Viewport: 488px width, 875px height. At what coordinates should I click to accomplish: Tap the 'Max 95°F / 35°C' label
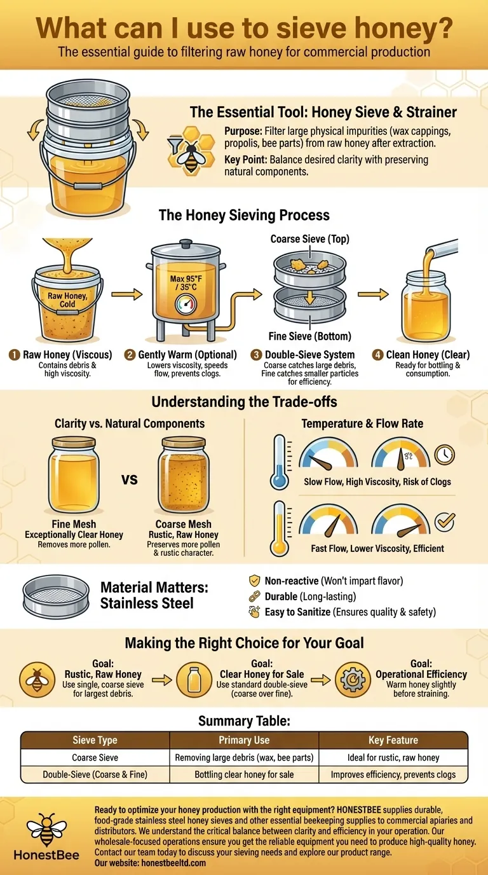pyautogui.click(x=186, y=283)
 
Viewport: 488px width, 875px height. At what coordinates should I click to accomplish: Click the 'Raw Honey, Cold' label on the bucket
pyautogui.click(x=67, y=300)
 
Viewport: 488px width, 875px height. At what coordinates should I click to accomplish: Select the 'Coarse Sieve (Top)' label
pyautogui.click(x=310, y=238)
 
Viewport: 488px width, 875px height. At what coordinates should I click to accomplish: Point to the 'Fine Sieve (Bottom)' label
pyautogui.click(x=310, y=336)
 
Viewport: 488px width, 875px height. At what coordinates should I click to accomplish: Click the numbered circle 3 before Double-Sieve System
pyautogui.click(x=256, y=355)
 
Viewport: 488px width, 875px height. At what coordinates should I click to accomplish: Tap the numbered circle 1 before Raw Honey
pyautogui.click(x=15, y=355)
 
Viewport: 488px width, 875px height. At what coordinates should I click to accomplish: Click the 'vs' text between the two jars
pyautogui.click(x=129, y=479)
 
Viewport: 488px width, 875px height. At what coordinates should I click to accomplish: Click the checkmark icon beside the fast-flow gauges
pyautogui.click(x=445, y=522)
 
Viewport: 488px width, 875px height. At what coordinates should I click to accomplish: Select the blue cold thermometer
pyautogui.click(x=280, y=462)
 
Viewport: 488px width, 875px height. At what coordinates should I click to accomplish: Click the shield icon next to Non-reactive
pyautogui.click(x=255, y=581)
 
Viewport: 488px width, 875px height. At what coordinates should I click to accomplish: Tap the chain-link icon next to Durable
pyautogui.click(x=255, y=596)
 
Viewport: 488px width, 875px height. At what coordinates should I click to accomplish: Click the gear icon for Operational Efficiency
pyautogui.click(x=353, y=680)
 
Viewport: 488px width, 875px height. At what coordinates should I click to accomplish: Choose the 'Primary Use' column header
pyautogui.click(x=244, y=740)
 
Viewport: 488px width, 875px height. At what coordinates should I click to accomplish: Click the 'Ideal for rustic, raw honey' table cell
pyautogui.click(x=393, y=757)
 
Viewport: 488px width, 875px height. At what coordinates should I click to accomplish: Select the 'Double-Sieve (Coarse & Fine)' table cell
pyautogui.click(x=95, y=775)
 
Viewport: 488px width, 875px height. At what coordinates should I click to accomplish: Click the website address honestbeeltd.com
pyautogui.click(x=173, y=862)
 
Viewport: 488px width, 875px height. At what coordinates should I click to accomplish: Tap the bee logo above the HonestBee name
pyautogui.click(x=46, y=830)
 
